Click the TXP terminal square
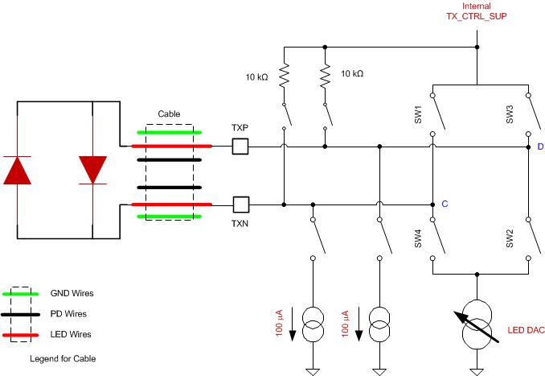pyautogui.click(x=240, y=147)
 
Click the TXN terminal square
pyautogui.click(x=240, y=205)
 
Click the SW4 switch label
pyautogui.click(x=418, y=239)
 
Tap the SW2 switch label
pyautogui.click(x=509, y=239)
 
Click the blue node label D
pyautogui.click(x=540, y=147)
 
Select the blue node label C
pyautogui.click(x=444, y=205)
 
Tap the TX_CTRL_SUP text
pyautogui.click(x=477, y=17)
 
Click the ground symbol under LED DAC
pyautogui.click(x=477, y=370)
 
